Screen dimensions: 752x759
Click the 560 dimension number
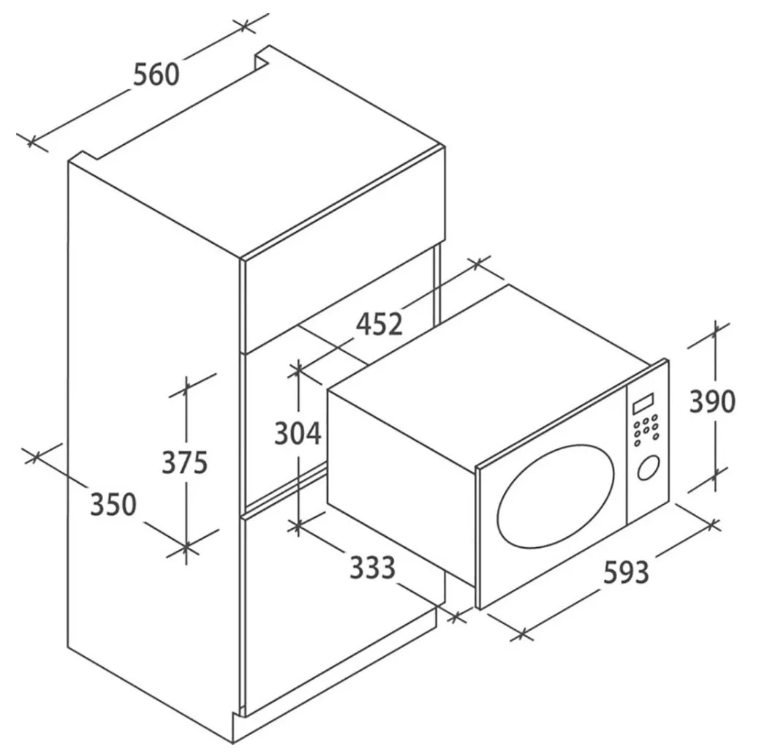[156, 74]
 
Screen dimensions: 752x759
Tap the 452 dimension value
[379, 323]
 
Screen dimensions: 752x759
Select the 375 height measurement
[185, 462]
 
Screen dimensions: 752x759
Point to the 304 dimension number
[298, 434]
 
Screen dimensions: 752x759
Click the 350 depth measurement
[113, 504]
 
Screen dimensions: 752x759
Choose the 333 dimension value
[371, 567]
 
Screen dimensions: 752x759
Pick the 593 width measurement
[626, 572]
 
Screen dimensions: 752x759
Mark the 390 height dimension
[712, 401]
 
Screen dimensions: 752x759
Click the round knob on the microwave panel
[647, 468]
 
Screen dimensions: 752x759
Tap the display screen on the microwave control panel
[643, 403]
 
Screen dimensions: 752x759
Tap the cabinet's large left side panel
[154, 410]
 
